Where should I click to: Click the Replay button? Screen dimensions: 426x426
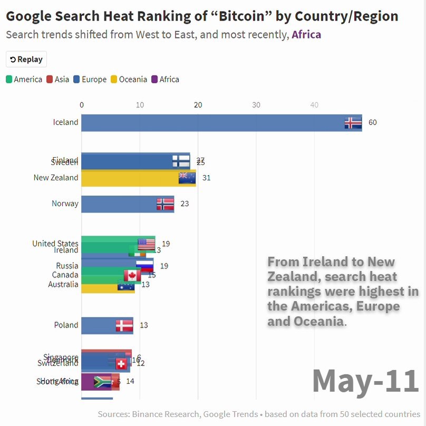[x=26, y=60]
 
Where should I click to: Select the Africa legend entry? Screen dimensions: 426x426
[x=165, y=80]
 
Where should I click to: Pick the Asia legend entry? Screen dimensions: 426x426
[x=57, y=80]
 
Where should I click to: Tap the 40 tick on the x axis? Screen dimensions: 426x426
[x=314, y=105]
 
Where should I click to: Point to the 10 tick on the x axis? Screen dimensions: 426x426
[x=140, y=105]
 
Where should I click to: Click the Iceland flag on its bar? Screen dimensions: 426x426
[x=353, y=123]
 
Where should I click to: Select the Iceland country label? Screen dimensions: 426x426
[x=65, y=122]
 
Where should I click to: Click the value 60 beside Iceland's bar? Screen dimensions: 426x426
[x=373, y=122]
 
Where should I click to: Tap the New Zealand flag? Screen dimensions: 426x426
[x=187, y=178]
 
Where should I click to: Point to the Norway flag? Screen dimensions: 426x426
[x=165, y=204]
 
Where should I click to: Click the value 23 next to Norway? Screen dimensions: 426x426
[x=185, y=204]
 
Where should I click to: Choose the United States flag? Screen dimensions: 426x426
[x=146, y=244]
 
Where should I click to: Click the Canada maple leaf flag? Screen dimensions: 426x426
[x=132, y=275]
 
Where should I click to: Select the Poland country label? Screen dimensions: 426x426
[x=66, y=325]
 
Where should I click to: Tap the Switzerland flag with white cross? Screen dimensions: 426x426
[x=121, y=363]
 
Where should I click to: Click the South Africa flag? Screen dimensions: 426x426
[x=102, y=382]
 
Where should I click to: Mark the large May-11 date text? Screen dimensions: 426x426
[x=365, y=381]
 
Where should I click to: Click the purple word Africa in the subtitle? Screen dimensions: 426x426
[x=306, y=35]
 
